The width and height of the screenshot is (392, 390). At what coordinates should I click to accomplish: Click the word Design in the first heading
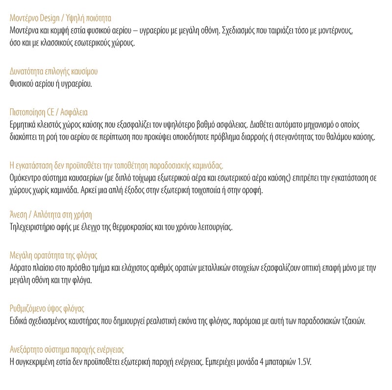tap(47, 19)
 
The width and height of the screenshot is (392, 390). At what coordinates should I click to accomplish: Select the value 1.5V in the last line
tap(303, 363)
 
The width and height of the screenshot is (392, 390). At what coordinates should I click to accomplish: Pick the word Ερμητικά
tap(24, 124)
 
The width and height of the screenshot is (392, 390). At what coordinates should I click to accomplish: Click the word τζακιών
tap(350, 321)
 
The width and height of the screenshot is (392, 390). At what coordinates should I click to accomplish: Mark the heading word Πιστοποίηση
tap(28, 112)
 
